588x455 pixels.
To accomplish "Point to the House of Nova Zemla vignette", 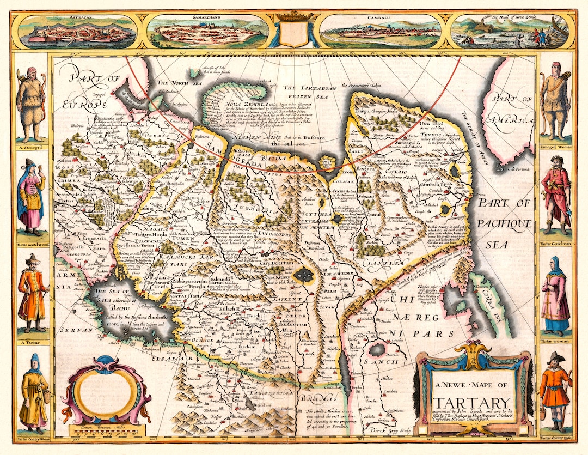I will tap(511, 31).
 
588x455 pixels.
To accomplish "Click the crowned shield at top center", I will tap(294, 30).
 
